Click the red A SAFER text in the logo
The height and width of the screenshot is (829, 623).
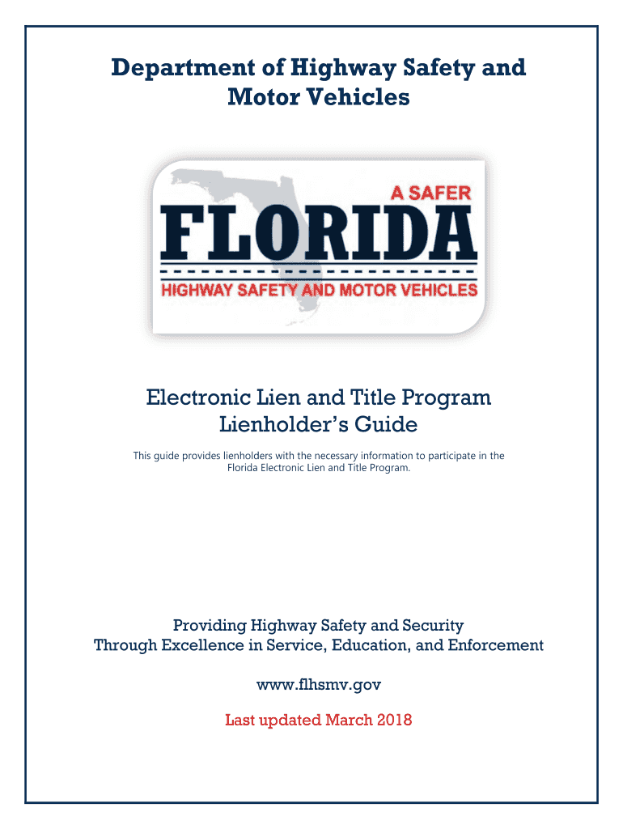[430, 193]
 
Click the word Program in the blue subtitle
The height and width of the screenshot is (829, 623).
[447, 398]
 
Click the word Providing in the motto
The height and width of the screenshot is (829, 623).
[209, 625]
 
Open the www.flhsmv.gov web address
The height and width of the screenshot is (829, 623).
[319, 685]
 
